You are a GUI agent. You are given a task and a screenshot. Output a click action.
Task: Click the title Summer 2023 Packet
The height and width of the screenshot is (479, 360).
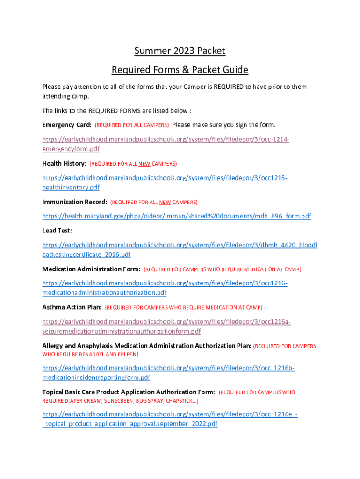click(x=180, y=51)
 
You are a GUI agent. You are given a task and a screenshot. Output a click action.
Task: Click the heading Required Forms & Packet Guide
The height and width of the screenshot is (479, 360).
click(x=180, y=70)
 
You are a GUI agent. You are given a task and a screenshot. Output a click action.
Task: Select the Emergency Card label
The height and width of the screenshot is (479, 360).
click(x=66, y=125)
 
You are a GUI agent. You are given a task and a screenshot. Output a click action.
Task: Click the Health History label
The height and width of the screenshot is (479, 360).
click(x=64, y=163)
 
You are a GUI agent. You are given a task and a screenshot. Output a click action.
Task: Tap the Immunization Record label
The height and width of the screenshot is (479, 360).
click(x=74, y=202)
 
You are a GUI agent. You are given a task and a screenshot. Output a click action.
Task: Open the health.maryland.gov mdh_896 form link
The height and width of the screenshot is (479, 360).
click(x=176, y=216)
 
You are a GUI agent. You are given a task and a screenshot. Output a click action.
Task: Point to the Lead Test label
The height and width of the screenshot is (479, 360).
click(x=57, y=231)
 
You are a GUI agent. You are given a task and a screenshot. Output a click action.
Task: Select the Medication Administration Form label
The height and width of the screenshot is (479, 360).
click(x=91, y=269)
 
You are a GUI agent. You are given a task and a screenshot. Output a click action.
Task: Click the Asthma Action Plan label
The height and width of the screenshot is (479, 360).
click(x=72, y=307)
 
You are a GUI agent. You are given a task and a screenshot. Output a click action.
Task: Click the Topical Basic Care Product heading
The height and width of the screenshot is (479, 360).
click(x=129, y=392)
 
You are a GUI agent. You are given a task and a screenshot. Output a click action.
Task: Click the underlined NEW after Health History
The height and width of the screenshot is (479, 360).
click(x=144, y=164)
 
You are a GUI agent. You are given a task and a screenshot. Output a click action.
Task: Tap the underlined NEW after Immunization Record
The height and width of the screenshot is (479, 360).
click(x=165, y=203)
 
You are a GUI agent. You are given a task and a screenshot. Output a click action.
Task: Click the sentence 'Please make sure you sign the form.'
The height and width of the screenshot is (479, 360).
click(x=224, y=125)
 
